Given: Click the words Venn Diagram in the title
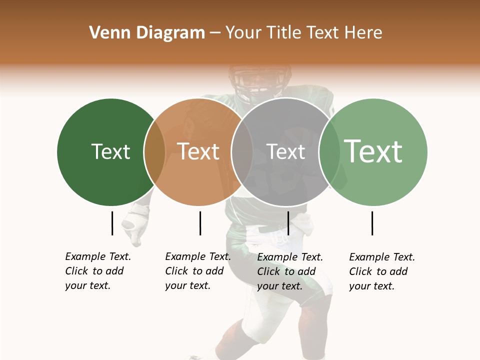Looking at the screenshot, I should coord(147,33).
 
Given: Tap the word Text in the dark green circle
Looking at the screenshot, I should coord(110,151).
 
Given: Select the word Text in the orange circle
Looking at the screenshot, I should coord(198,151).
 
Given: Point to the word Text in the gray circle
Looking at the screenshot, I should coord(285,151).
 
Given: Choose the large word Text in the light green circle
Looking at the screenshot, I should coord(373,151).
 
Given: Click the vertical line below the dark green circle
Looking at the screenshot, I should coord(112,223).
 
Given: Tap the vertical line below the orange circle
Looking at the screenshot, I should coord(200,223).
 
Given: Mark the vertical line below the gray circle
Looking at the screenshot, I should coord(288,223).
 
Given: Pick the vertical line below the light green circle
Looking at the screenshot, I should coord(372,223).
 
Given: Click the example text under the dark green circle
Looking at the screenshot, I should coord(98,271).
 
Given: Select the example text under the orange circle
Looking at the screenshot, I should coord(198,271).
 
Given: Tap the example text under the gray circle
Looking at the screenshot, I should coord(290,271).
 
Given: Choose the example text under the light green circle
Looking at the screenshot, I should coord(382,271).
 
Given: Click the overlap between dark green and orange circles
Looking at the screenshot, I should coord(154,152).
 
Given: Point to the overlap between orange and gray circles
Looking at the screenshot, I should coord(242,152).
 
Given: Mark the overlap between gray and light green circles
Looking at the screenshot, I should coord(329,152).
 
